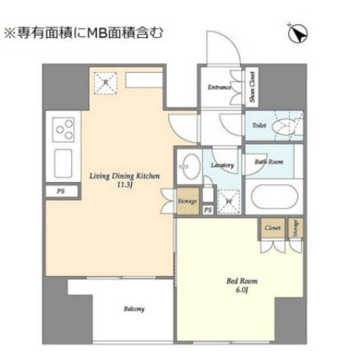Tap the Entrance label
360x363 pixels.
click(219, 87)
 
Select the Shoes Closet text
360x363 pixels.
click(252, 88)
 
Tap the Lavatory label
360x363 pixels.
click(222, 164)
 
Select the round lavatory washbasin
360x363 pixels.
click(189, 164)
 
